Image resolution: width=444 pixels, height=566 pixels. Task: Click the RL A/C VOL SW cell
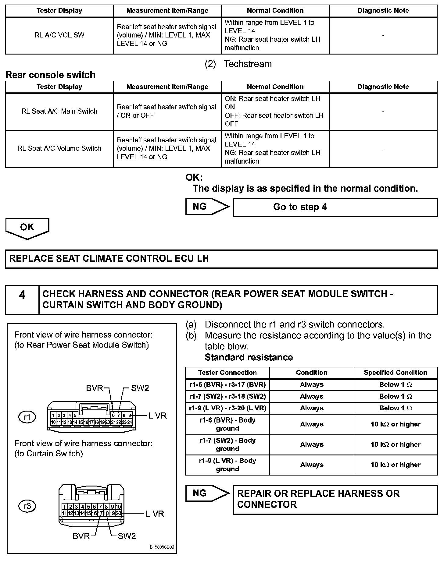(59, 35)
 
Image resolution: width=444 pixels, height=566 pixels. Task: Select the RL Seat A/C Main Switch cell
(59, 111)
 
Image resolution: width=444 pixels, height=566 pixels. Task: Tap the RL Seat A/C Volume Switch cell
(59, 148)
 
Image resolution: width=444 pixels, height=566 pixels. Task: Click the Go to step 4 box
(335, 207)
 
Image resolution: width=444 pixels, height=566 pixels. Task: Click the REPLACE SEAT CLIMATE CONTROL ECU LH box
(221, 259)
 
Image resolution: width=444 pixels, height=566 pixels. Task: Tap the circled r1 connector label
(27, 417)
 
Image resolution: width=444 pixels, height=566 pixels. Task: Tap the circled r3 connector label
(27, 506)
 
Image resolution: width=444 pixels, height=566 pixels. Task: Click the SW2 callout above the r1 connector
(140, 388)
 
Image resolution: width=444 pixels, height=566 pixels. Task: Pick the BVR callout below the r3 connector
(81, 536)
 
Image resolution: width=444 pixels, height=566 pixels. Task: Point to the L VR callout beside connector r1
(158, 416)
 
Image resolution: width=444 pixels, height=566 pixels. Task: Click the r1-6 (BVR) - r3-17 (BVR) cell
(227, 384)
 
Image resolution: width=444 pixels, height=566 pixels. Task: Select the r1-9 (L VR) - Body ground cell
(227, 465)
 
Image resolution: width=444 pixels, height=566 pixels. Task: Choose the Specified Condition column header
(395, 373)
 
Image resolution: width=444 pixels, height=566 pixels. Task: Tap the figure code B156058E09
(162, 547)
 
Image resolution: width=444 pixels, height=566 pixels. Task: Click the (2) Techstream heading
(238, 64)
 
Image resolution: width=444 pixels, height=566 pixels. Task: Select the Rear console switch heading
(50, 75)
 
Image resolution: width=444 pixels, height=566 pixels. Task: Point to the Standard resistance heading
(249, 357)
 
